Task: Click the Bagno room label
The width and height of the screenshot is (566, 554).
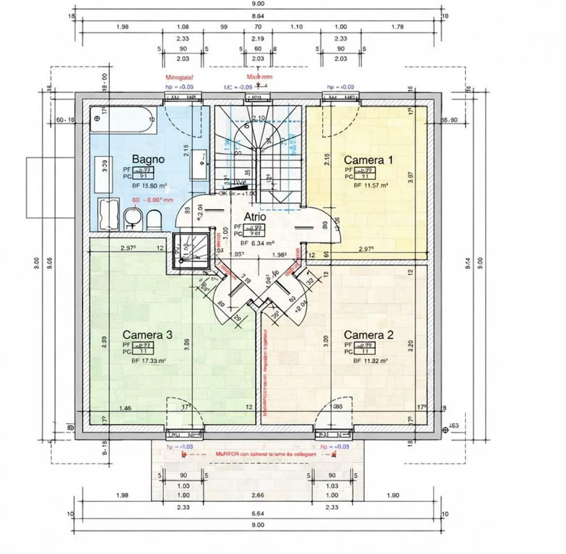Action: [148, 159]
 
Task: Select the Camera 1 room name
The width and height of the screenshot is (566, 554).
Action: [368, 160]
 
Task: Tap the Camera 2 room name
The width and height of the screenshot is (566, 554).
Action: [368, 335]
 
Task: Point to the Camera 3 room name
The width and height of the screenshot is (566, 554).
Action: [147, 335]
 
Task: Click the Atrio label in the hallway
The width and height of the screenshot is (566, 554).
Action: [255, 216]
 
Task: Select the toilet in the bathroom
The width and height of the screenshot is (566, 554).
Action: [153, 221]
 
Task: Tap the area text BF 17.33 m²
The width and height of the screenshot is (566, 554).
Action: [149, 360]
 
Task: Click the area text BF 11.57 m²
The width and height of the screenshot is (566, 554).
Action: [371, 185]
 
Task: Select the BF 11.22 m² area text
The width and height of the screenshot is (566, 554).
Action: [370, 360]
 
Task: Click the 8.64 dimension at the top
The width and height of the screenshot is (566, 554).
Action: [258, 16]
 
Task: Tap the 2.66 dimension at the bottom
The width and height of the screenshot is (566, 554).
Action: [258, 495]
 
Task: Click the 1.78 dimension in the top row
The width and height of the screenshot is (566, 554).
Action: [398, 27]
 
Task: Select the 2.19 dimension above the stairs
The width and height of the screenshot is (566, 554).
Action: [258, 39]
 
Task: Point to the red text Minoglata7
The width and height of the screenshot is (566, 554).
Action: [179, 78]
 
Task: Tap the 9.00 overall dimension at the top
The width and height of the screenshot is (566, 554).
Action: [258, 4]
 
